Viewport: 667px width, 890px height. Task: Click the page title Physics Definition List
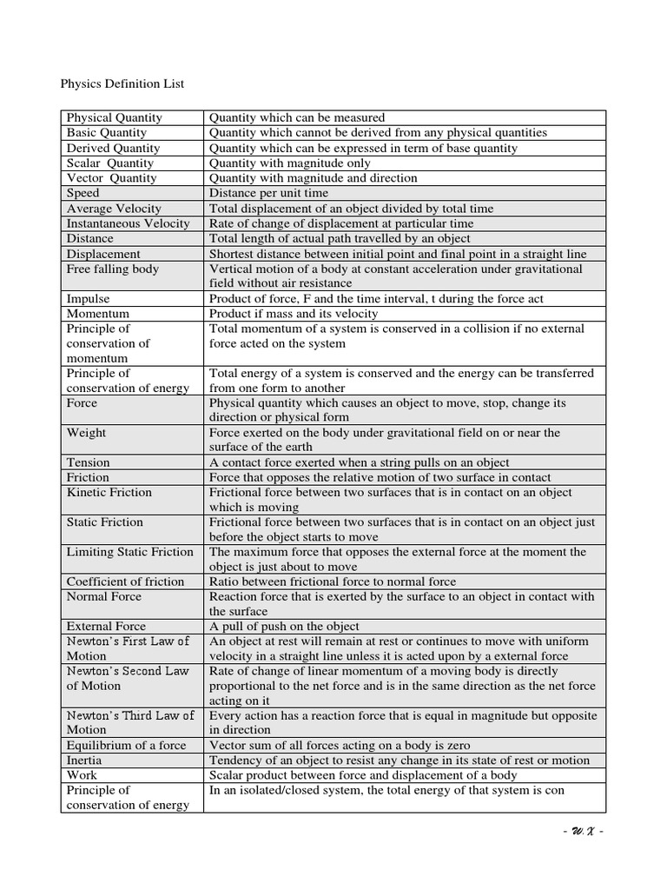122,84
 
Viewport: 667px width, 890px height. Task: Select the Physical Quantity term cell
115,117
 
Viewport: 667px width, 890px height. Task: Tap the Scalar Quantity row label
110,163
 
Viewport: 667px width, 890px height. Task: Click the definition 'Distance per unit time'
268,193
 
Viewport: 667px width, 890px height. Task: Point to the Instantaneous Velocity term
128,223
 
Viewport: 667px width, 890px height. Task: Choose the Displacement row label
103,254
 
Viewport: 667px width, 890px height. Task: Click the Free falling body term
113,269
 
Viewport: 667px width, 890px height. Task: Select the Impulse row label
89,298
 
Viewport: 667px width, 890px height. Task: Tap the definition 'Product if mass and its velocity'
294,313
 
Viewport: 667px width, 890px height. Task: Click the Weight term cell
87,432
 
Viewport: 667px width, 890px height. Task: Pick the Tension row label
89,462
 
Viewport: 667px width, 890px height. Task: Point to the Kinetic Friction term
109,492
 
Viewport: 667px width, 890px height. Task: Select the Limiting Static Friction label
130,552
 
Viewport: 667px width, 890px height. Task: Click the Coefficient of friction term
126,581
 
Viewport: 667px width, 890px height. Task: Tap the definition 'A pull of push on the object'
284,626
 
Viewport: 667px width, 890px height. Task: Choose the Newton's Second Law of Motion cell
128,678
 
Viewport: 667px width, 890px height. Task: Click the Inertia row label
84,760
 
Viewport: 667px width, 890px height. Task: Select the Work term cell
83,774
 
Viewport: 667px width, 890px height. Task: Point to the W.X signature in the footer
583,831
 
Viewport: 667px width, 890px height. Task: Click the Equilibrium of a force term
127,745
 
